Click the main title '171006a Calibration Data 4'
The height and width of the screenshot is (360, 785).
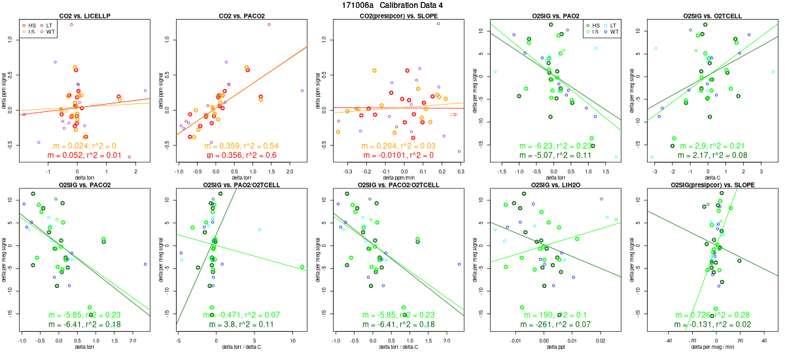click(392, 5)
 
